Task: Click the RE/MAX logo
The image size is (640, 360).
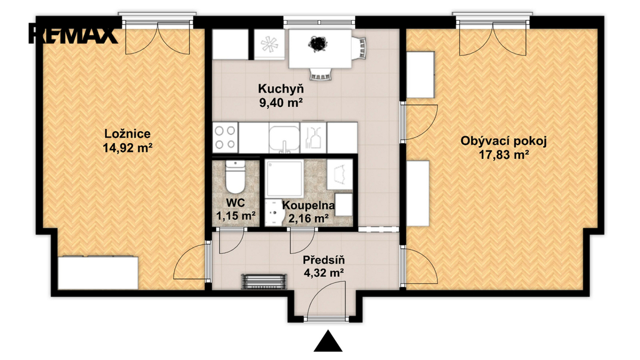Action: (72, 34)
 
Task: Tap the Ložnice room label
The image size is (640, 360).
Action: (127, 134)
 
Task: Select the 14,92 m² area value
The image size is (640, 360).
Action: (127, 147)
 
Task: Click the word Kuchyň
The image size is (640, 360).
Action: (281, 89)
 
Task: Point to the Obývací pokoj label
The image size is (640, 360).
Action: (504, 141)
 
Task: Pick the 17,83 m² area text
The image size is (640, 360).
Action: (504, 155)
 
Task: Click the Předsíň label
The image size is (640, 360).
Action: (324, 260)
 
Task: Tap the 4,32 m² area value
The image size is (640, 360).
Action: (324, 272)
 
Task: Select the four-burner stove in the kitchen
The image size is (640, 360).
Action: (225, 137)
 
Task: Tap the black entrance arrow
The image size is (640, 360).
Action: (327, 341)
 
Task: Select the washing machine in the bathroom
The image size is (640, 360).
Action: (339, 175)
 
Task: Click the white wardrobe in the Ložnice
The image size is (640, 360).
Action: (98, 272)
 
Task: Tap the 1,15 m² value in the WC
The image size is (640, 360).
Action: (236, 216)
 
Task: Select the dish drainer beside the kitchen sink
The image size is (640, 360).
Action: (313, 137)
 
